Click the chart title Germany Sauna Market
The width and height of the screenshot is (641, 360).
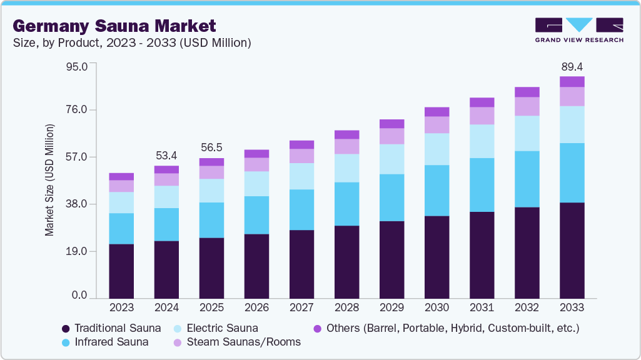(x=114, y=26)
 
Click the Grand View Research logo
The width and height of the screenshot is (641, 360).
(x=579, y=30)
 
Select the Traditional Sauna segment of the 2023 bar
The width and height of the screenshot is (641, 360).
(x=121, y=271)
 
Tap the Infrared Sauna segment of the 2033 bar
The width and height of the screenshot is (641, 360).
(x=572, y=172)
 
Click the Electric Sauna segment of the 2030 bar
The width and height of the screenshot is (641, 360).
(x=437, y=149)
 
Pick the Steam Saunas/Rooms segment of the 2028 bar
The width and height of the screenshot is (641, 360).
(x=346, y=146)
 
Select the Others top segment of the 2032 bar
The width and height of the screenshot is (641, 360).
(x=527, y=92)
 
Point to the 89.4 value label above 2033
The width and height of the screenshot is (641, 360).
(x=572, y=66)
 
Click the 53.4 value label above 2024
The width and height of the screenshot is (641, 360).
(x=166, y=155)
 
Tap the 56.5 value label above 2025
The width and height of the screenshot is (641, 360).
(x=211, y=147)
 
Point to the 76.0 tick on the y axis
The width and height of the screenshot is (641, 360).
(x=78, y=110)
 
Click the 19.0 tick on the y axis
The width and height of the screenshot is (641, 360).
(x=78, y=251)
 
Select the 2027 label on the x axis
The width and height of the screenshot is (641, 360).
(x=301, y=307)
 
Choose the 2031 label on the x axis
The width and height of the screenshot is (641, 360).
(x=482, y=307)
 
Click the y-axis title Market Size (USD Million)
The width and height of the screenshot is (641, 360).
(x=49, y=180)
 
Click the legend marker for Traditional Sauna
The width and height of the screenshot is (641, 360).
(x=66, y=328)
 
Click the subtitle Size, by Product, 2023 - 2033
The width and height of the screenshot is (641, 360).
(x=131, y=42)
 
